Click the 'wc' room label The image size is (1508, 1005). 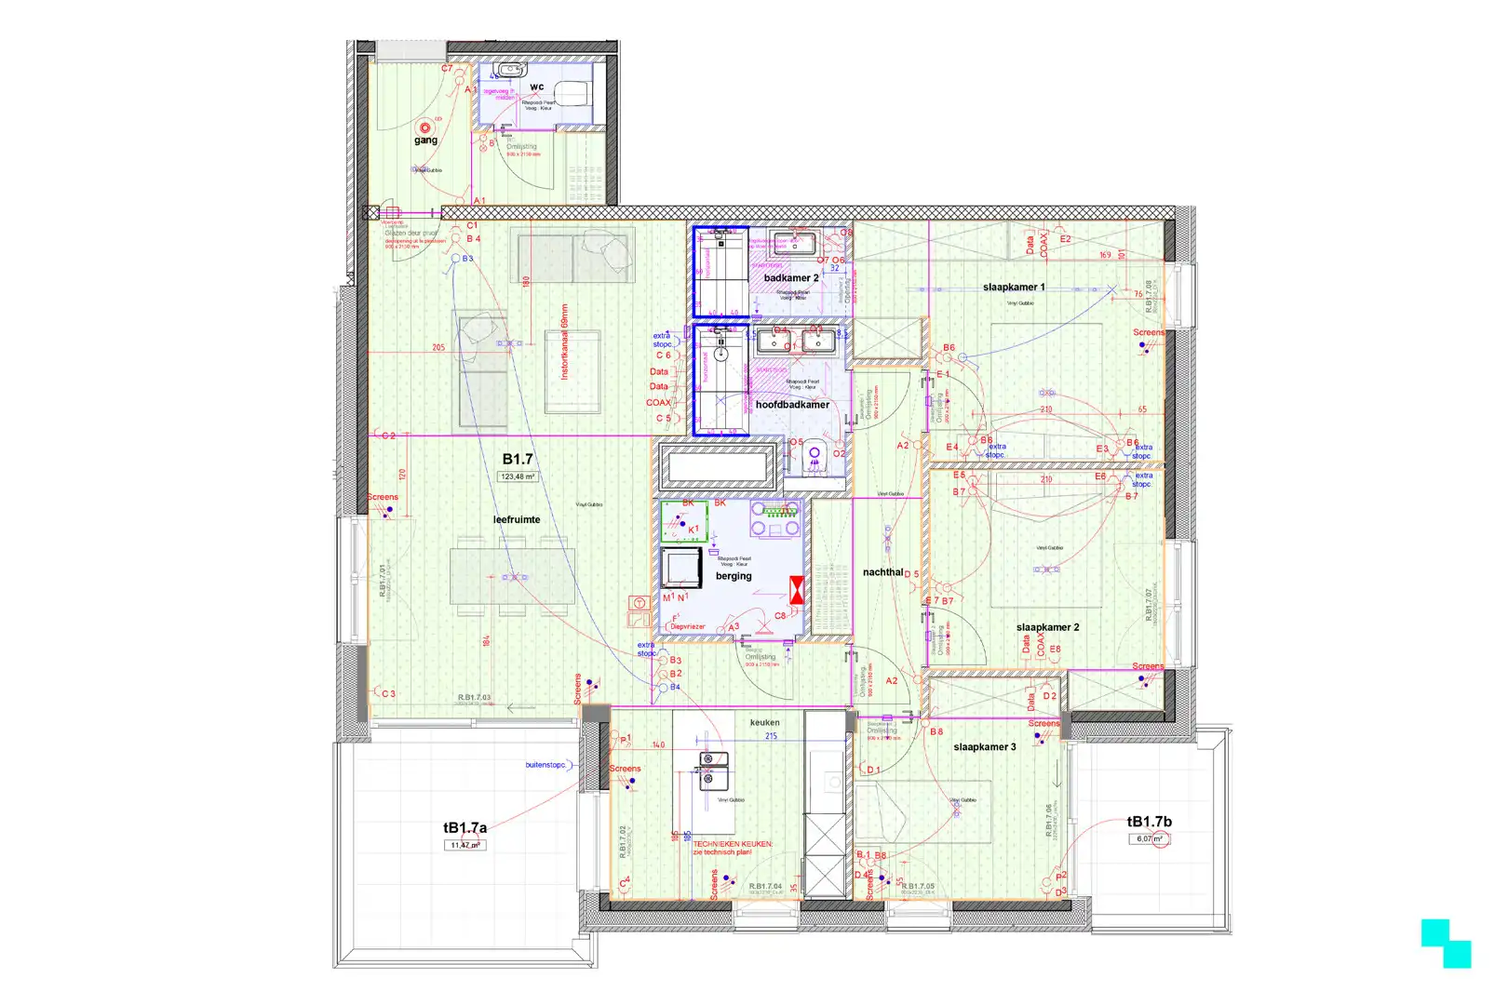click(537, 87)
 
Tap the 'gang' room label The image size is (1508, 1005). click(425, 141)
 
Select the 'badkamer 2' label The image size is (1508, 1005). click(791, 278)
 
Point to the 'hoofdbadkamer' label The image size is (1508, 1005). click(792, 405)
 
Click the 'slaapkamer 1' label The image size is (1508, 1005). click(1014, 288)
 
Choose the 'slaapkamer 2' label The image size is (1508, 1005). click(1047, 627)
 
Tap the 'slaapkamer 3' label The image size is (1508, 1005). click(985, 746)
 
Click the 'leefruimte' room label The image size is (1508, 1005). click(517, 519)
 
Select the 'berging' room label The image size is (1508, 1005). click(734, 576)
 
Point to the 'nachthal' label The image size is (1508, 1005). click(882, 572)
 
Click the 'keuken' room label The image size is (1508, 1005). click(764, 722)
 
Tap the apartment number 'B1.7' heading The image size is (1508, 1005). click(518, 459)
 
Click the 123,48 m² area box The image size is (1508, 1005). click(518, 476)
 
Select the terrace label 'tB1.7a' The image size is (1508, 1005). click(465, 827)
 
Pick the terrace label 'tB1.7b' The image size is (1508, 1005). click(1150, 822)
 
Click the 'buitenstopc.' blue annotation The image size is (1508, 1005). click(545, 765)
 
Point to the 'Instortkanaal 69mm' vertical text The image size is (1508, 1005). click(563, 342)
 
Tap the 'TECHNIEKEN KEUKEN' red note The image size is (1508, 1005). click(733, 844)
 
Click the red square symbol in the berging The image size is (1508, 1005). click(797, 589)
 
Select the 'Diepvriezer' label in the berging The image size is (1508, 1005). click(688, 626)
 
